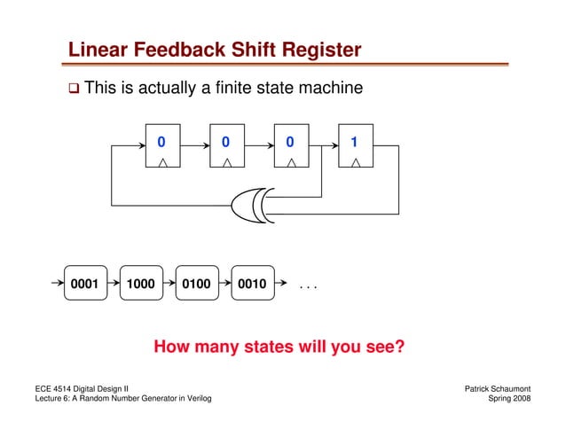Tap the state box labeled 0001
84,285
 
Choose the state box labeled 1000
140,285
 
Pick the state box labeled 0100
197,285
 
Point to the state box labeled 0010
253,285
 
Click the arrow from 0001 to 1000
112,285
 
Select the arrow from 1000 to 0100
169,285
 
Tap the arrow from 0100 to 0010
224,285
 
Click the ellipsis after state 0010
308,287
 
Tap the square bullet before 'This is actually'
75,90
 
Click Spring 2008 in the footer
510,400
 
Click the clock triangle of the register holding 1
355,162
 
